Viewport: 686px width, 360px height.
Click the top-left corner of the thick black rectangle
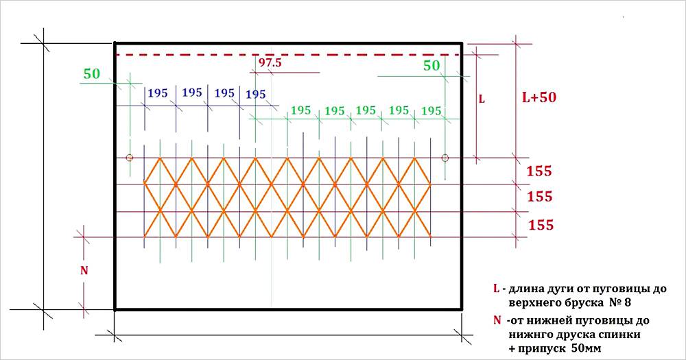click(x=115, y=43)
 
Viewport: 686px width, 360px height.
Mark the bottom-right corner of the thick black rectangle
click(x=462, y=309)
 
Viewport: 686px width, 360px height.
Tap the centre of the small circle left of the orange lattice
click(x=130, y=158)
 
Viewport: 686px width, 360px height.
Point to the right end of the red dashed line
click(x=461, y=55)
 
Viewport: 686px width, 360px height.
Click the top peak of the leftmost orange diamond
click(x=160, y=158)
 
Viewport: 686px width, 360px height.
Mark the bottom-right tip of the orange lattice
click(x=431, y=237)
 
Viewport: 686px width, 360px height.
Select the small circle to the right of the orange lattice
click(x=445, y=158)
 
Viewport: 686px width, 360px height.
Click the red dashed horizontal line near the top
click(x=288, y=55)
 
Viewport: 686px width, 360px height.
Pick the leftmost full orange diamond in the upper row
click(x=160, y=184)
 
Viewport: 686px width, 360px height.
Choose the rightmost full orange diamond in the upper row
click(x=415, y=184)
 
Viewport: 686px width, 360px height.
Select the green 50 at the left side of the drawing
click(x=92, y=74)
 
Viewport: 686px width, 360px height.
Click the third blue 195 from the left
click(x=224, y=93)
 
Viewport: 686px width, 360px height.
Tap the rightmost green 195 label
click(x=431, y=111)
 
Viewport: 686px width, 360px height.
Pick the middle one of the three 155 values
click(x=539, y=196)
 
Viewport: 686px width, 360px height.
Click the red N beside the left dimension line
click(x=84, y=271)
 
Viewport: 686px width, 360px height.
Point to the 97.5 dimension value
click(x=270, y=62)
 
